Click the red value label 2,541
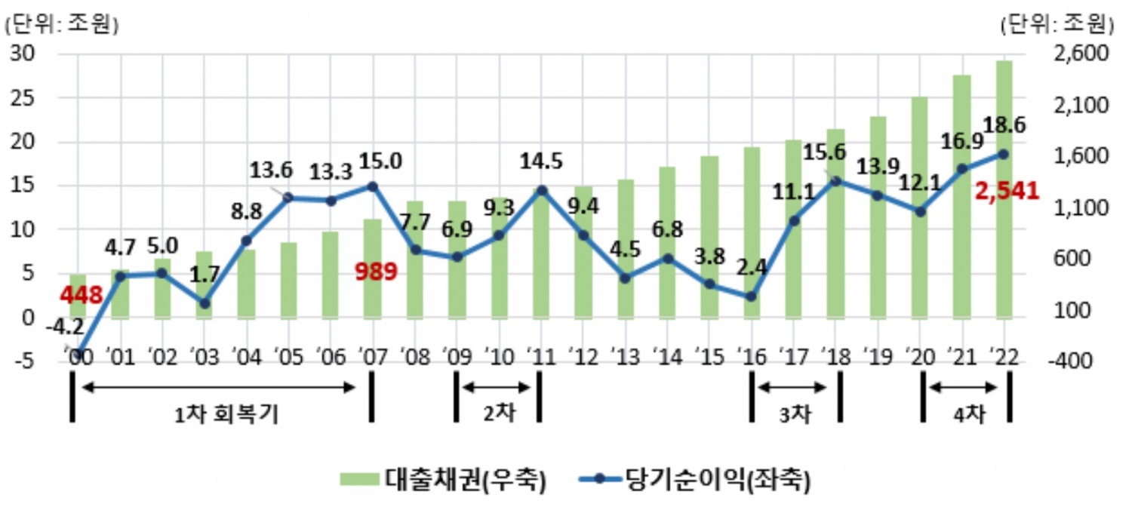pos(1007,192)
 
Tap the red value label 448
pos(82,295)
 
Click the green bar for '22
pos(1004,189)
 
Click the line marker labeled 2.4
pos(751,296)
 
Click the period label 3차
pos(795,415)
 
